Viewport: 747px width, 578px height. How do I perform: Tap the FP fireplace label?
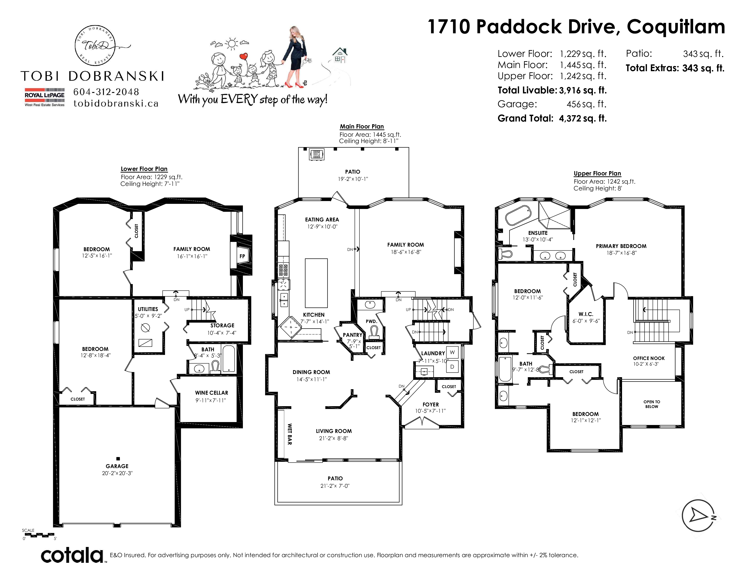(x=242, y=256)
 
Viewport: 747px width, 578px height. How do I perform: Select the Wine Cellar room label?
(x=211, y=393)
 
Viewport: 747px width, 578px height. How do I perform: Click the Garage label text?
(x=117, y=466)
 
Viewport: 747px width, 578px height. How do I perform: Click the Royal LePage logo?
(x=44, y=97)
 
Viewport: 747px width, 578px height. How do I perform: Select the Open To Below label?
(x=651, y=404)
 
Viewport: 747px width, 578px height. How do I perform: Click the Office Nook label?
(x=649, y=358)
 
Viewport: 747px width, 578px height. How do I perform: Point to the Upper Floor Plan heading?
(x=597, y=173)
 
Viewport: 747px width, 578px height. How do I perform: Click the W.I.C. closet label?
(x=586, y=314)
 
